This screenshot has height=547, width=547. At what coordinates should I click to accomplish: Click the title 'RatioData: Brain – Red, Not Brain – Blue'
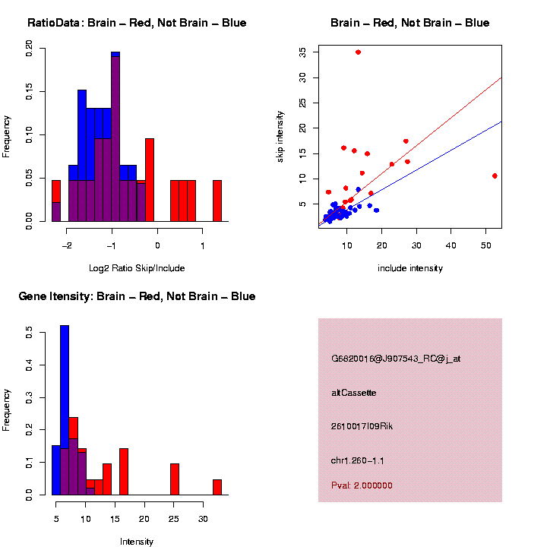137,23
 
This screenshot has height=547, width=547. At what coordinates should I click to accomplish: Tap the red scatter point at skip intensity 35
358,52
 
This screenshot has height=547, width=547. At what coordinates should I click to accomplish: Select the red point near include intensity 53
495,175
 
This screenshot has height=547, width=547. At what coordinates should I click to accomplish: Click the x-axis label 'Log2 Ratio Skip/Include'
137,267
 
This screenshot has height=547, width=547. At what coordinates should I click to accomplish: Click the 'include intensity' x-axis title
409,267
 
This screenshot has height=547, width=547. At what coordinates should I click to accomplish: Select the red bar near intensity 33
217,487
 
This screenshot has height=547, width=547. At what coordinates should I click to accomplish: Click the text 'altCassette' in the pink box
354,393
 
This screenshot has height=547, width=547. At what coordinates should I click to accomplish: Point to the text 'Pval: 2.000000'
362,485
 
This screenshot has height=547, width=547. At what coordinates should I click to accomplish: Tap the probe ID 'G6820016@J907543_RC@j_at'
396,359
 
